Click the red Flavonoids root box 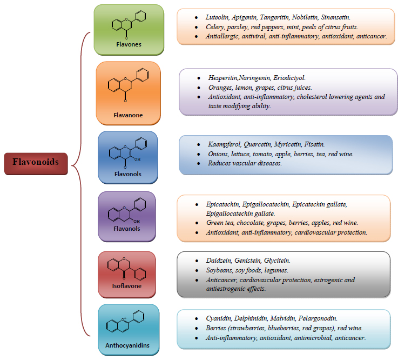tap(36, 162)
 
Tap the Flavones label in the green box tap(129, 44)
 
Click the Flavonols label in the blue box tap(127, 174)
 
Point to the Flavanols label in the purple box tap(126, 229)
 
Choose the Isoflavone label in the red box tap(126, 286)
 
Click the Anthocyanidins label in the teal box tap(127, 345)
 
